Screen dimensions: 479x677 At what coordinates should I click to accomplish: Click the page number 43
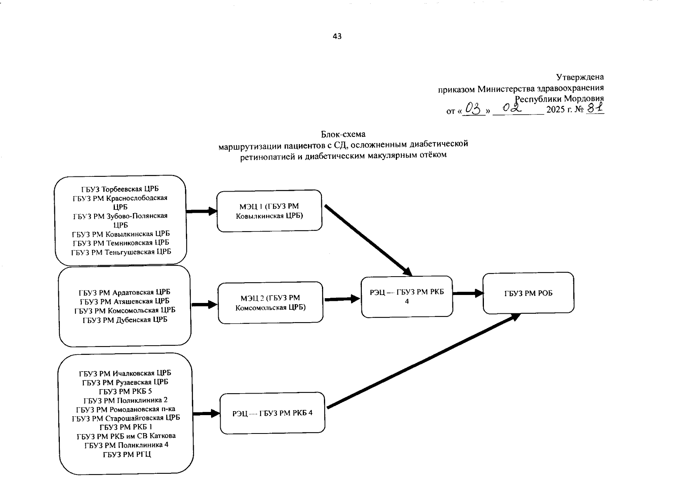coord(337,36)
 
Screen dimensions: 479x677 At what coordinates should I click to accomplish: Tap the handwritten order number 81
coord(595,108)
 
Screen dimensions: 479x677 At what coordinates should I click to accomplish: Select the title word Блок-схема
coord(343,134)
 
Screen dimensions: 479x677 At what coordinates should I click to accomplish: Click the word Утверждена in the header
coord(580,77)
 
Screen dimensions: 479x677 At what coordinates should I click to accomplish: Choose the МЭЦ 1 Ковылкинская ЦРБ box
coord(269,211)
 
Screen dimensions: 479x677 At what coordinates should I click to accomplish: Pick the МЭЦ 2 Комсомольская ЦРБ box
coord(270,302)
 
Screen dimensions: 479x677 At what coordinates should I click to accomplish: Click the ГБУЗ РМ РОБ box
coord(528,293)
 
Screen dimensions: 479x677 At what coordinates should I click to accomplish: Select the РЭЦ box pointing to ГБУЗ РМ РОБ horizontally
coord(407,296)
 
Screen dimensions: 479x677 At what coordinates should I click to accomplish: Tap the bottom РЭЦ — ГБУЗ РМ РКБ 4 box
coord(272,413)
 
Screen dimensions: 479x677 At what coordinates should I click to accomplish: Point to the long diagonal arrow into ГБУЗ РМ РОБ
coord(423,361)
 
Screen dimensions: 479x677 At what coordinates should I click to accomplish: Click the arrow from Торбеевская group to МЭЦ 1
coord(201,211)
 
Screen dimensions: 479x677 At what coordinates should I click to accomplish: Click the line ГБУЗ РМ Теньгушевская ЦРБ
coord(121,252)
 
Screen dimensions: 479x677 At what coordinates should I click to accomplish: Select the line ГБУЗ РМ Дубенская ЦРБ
coord(125,320)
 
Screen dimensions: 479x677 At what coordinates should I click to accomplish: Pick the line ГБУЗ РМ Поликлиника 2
coord(125,400)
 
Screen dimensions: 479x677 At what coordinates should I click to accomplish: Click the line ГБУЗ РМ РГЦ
coord(127,454)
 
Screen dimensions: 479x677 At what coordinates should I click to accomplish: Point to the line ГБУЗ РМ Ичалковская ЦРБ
coord(125,373)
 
